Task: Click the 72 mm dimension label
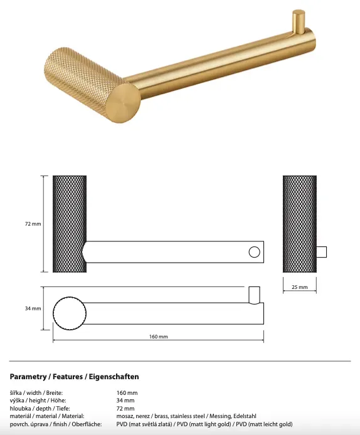[33, 224]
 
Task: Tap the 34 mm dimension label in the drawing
[33, 308]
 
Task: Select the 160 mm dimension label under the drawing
[159, 337]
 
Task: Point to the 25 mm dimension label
[300, 287]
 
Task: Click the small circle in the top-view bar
[254, 252]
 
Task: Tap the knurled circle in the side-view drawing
[70, 313]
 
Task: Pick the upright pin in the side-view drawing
[254, 295]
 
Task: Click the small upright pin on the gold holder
[299, 22]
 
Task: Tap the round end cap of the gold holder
[123, 103]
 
